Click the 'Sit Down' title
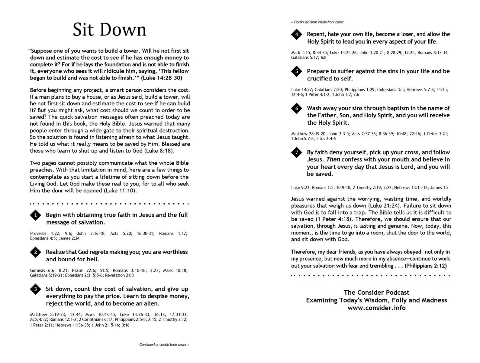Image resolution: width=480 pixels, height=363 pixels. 109,30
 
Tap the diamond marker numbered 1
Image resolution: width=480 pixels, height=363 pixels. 36,215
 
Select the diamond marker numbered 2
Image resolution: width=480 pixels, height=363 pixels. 36,252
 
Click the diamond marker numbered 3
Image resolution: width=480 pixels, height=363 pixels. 36,289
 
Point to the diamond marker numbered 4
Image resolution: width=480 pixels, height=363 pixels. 297,34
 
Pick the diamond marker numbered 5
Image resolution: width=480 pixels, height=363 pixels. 297,71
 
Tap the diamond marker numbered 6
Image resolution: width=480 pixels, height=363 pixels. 297,108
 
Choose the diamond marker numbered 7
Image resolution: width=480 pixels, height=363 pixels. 297,152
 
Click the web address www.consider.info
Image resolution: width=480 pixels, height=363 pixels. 376,308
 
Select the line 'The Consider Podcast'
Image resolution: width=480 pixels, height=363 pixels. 376,293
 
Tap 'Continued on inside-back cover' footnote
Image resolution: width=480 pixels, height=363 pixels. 164,345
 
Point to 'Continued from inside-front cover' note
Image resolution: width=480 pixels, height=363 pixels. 317,22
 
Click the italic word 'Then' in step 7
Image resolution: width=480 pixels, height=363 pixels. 333,159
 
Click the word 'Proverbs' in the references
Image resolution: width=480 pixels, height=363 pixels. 38,234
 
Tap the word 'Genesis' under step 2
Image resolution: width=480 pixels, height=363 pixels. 37,270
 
